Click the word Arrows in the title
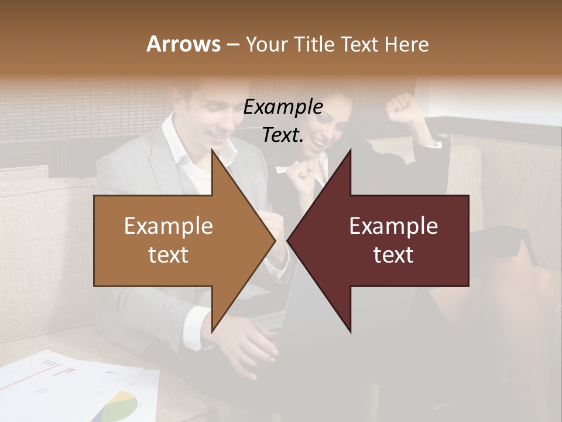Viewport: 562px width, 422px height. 184,44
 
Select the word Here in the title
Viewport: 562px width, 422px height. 406,44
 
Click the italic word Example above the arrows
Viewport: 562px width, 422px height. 283,107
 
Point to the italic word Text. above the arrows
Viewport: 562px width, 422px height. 283,135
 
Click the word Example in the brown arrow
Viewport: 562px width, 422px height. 168,226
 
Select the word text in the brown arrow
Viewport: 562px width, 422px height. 168,255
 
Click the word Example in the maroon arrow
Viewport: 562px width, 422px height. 393,226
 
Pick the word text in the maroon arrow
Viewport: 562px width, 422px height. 393,255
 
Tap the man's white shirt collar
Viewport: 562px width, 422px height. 176,138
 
